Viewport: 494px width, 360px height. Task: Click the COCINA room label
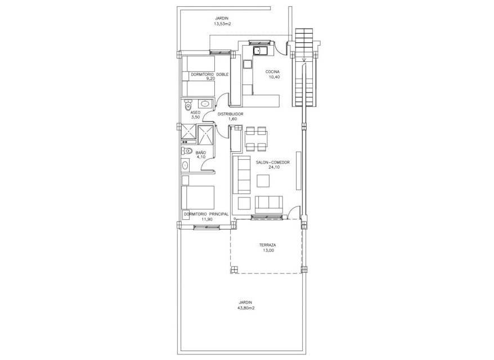pos(272,72)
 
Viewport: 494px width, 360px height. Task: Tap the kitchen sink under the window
pos(260,51)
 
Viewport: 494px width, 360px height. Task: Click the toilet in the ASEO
pos(188,104)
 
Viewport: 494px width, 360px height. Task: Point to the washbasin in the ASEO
pos(205,103)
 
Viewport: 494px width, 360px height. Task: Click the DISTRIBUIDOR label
pos(230,114)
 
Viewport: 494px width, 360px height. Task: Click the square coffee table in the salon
pos(263,181)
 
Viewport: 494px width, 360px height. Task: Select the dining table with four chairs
pos(257,138)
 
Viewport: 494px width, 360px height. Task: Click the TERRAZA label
pos(268,245)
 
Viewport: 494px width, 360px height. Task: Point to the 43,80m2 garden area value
pos(246,308)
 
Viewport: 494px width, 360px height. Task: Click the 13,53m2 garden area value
pos(223,24)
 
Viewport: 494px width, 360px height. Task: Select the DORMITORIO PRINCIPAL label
pos(206,214)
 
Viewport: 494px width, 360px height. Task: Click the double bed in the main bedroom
pos(198,197)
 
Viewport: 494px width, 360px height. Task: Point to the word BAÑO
pos(201,152)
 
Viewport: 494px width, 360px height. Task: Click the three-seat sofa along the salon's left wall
pos(241,175)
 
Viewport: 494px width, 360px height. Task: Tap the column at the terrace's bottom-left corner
pos(233,269)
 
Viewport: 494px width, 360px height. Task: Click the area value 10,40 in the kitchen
pos(272,77)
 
